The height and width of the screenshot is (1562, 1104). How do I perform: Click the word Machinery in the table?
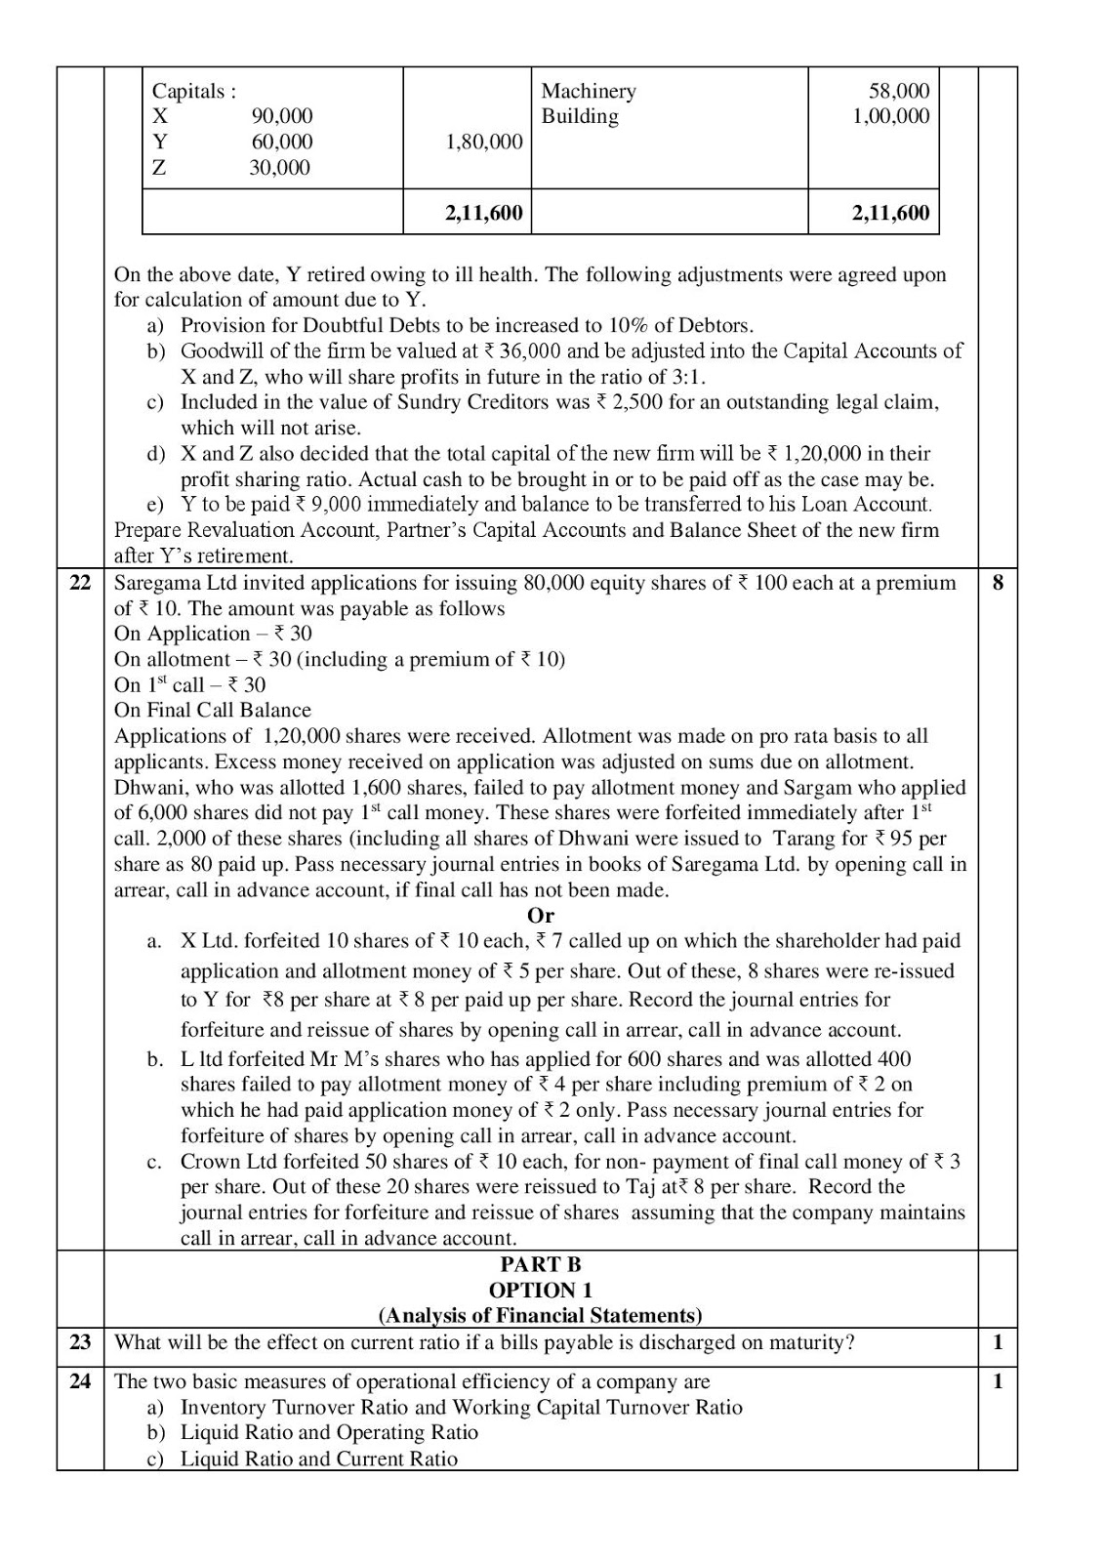coord(588,91)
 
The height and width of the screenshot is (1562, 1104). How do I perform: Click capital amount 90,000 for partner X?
coord(282,116)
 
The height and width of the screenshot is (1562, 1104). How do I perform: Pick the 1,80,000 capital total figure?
coord(483,142)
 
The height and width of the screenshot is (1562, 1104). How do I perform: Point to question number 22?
coord(80,583)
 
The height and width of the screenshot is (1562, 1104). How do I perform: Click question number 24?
coord(80,1381)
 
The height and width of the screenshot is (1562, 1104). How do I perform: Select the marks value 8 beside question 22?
coord(997,583)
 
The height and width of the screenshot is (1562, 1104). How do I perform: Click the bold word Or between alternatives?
coord(540,916)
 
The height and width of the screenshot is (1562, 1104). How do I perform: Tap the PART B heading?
coord(540,1264)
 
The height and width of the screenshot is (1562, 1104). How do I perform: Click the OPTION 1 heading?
coord(540,1290)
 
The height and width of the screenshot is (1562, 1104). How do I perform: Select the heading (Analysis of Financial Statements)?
coord(540,1315)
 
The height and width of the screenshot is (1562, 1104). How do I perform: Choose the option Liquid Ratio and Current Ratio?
coord(318,1459)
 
